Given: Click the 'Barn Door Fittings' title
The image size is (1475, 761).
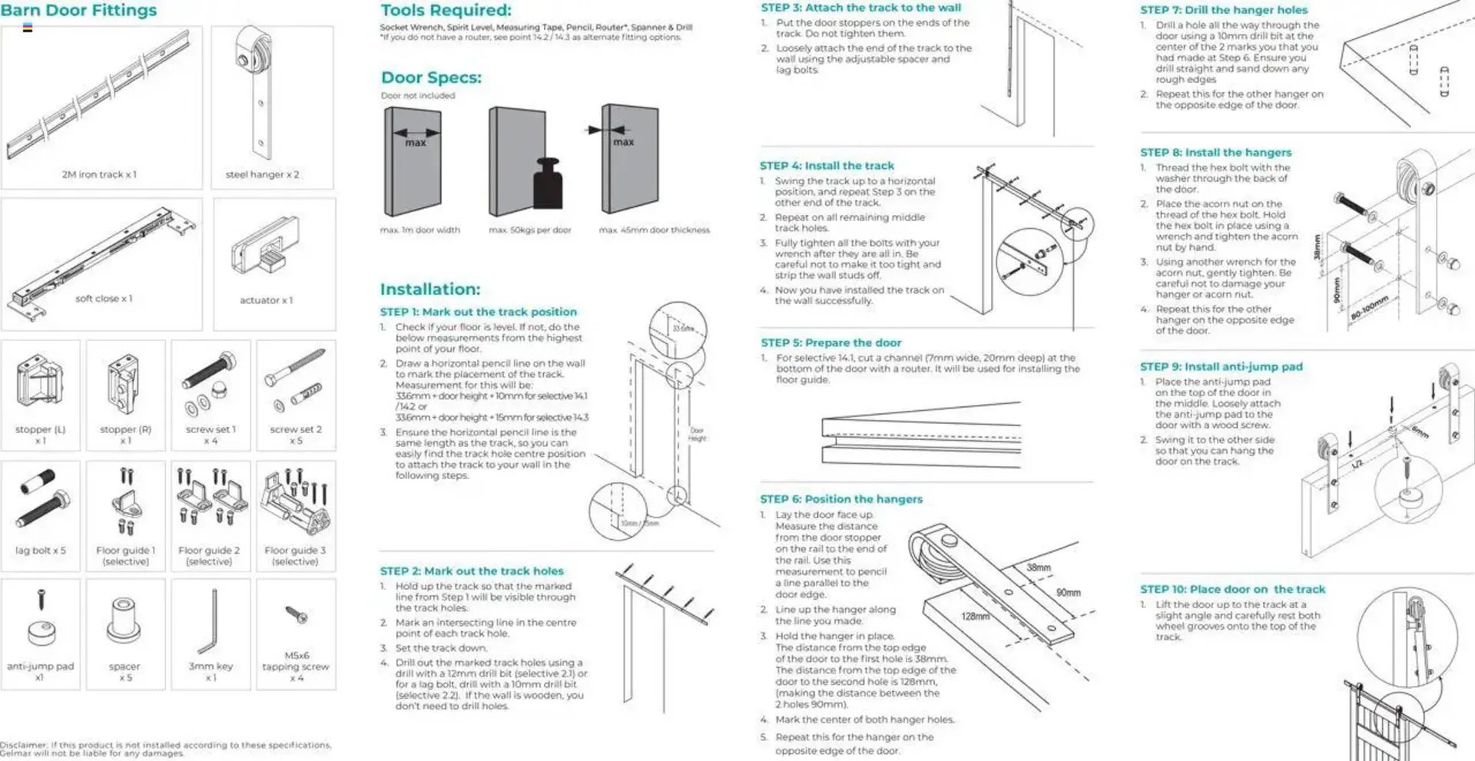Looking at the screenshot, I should pyautogui.click(x=79, y=11).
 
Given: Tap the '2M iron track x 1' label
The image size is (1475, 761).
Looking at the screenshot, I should pyautogui.click(x=99, y=175).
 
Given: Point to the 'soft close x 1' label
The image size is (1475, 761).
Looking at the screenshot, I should pyautogui.click(x=104, y=299).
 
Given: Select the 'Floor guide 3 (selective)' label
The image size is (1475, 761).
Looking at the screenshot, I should pyautogui.click(x=295, y=556).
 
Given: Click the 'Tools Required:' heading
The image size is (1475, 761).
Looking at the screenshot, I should pyautogui.click(x=446, y=11).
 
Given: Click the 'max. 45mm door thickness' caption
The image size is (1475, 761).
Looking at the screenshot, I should pyautogui.click(x=654, y=230).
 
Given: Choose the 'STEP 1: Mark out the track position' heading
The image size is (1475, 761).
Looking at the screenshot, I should pyautogui.click(x=478, y=312).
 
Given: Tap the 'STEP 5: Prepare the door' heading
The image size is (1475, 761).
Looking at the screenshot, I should pyautogui.click(x=831, y=343).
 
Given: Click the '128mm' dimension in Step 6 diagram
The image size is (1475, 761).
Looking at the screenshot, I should pyautogui.click(x=975, y=617).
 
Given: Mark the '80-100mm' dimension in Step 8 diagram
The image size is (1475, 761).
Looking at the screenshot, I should pyautogui.click(x=1370, y=308).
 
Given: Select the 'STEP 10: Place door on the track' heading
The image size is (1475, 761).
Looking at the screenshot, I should pyautogui.click(x=1232, y=590).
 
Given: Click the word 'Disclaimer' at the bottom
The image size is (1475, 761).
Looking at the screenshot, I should pyautogui.click(x=22, y=745).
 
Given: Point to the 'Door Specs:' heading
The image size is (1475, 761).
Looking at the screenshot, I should pyautogui.click(x=431, y=78).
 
